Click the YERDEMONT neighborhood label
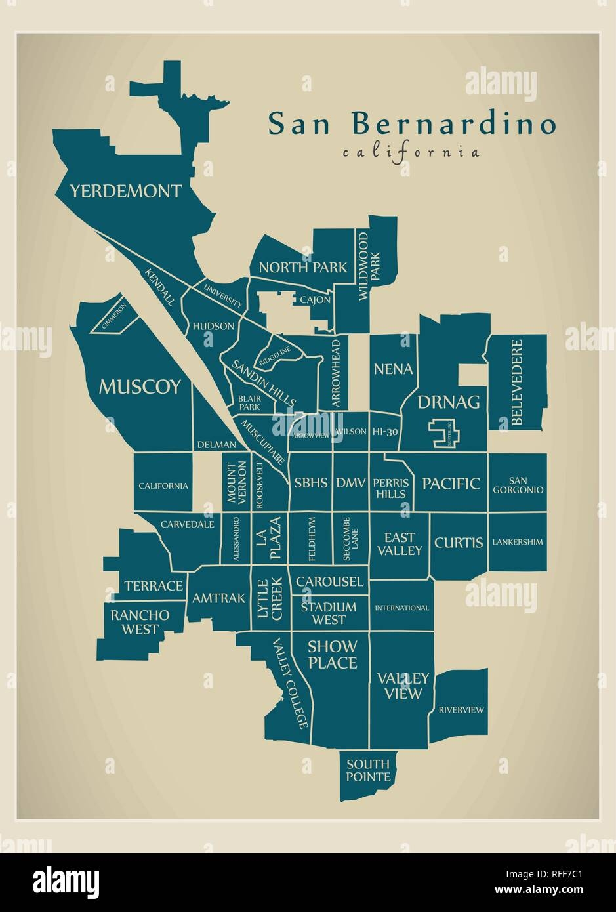click(125, 192)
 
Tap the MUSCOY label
click(139, 387)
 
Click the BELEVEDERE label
click(517, 383)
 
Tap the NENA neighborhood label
click(393, 369)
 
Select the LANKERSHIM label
click(517, 542)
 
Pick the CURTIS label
click(459, 542)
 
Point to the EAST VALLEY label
click(399, 544)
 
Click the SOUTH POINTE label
click(368, 770)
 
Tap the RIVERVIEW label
click(461, 709)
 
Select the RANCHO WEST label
click(140, 622)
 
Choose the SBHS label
click(310, 483)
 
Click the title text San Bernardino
click(412, 124)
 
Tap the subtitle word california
click(411, 153)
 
